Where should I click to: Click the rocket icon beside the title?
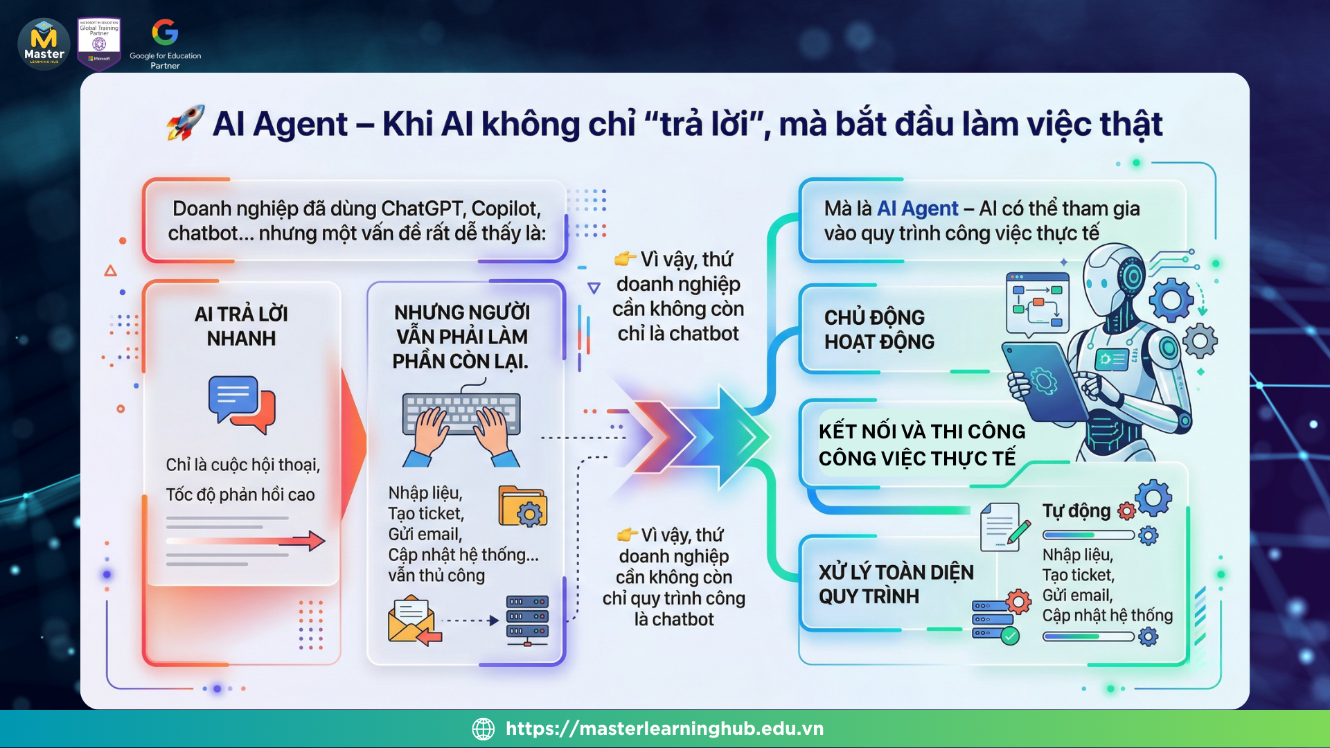[186, 123]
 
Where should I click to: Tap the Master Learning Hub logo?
[44, 44]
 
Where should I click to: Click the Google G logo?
[165, 32]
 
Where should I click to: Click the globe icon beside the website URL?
[484, 729]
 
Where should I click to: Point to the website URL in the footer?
[664, 729]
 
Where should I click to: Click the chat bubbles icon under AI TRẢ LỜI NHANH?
[242, 404]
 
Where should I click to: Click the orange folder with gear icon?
[523, 506]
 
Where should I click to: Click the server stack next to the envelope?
[527, 621]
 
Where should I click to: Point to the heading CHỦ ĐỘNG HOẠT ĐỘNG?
[879, 330]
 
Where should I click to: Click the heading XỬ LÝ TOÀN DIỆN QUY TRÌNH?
[896, 584]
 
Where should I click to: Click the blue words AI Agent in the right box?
[918, 208]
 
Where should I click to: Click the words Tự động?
[1076, 511]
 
